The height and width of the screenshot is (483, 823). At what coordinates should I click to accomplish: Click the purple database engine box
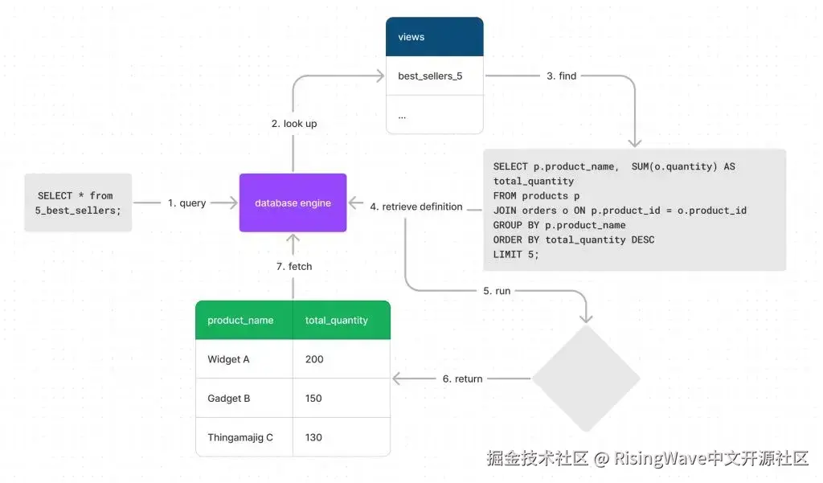click(293, 203)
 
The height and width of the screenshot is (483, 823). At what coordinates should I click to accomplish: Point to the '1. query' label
click(186, 203)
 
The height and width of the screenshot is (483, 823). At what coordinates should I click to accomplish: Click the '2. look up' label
click(293, 124)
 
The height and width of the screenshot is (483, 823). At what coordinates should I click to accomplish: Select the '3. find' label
click(561, 76)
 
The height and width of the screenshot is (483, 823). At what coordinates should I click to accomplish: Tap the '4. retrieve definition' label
click(416, 207)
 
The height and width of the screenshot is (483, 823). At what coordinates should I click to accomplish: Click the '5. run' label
click(497, 290)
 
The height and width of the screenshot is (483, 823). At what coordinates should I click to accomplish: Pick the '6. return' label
click(462, 379)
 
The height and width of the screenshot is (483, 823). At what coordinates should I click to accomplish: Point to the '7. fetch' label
click(293, 266)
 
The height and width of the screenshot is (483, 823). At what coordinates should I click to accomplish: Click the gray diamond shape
click(586, 379)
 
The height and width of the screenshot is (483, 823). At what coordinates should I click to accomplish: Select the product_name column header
click(240, 320)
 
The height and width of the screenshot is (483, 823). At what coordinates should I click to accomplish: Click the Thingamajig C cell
click(240, 437)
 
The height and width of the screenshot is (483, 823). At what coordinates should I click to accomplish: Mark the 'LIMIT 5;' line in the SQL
click(516, 254)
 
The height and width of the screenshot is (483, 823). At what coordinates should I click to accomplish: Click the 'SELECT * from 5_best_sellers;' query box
click(78, 203)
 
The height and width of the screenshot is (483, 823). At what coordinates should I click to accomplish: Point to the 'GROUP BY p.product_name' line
click(559, 225)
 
